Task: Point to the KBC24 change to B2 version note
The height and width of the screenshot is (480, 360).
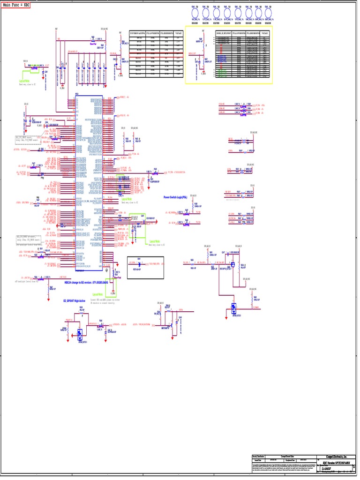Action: click(x=88, y=283)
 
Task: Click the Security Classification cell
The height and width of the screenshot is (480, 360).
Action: click(x=259, y=456)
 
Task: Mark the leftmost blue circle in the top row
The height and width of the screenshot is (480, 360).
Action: click(x=195, y=12)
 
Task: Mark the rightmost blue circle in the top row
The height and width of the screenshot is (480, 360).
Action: click(x=269, y=12)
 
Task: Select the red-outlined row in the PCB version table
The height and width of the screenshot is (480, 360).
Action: click(x=156, y=54)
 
